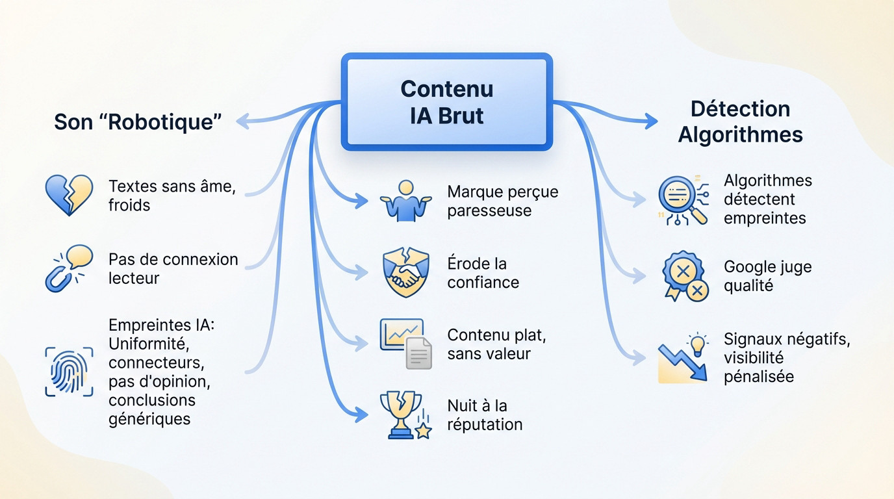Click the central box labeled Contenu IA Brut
(x=447, y=102)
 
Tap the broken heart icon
(x=69, y=194)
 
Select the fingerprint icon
(x=69, y=371)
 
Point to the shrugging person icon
(x=405, y=201)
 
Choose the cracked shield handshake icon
(x=405, y=273)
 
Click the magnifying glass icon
(x=682, y=201)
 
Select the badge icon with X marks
(x=684, y=276)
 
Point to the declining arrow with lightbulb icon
(x=682, y=357)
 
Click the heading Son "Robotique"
(x=138, y=122)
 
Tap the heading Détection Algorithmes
(x=740, y=122)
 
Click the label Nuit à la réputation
(x=485, y=415)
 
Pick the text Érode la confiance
(x=483, y=273)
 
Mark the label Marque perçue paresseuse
(x=502, y=201)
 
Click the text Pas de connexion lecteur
(x=173, y=268)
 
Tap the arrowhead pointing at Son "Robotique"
(x=242, y=120)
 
